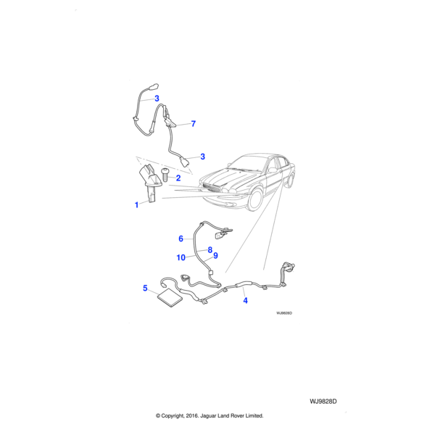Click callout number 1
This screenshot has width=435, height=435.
136,205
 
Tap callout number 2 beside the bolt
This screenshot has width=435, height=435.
178,178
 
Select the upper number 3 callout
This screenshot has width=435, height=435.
157,98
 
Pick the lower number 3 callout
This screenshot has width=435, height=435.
202,157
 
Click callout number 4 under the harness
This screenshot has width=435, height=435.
245,300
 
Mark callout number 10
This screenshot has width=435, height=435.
181,257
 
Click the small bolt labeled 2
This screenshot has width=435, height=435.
165,175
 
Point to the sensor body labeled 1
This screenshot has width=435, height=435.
150,183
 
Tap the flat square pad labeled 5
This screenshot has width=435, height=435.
170,298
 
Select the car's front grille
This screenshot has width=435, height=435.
212,188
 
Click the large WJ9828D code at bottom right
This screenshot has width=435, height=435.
323,402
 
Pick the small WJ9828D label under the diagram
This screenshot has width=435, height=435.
284,313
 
